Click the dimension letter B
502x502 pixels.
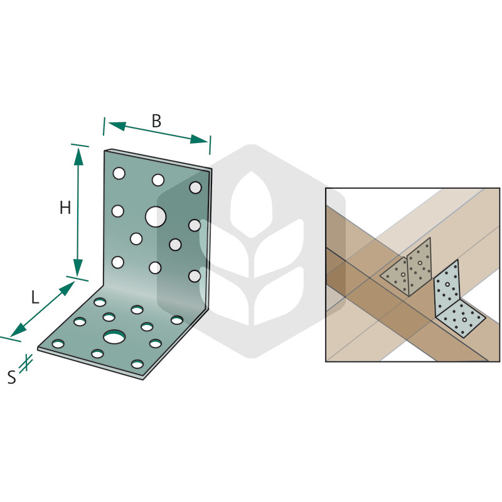[x=156, y=121]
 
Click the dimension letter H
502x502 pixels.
[x=65, y=208]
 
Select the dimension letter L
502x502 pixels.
[x=35, y=297]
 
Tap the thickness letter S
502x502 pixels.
[x=12, y=377]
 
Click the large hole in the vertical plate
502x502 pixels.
[x=156, y=216]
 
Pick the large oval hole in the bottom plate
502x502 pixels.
[x=114, y=337]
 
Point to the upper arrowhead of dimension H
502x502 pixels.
[x=78, y=156]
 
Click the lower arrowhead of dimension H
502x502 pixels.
[x=78, y=268]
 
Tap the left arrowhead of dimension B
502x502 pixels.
[x=117, y=125]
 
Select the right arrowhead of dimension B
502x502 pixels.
[x=199, y=139]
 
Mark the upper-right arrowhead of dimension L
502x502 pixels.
[x=67, y=289]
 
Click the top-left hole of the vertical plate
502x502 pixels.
[x=119, y=173]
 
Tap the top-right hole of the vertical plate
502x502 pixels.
[x=195, y=188]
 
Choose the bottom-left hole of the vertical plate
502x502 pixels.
[x=118, y=262]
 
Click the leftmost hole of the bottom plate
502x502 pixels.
[x=58, y=344]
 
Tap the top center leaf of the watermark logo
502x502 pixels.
[x=252, y=205]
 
